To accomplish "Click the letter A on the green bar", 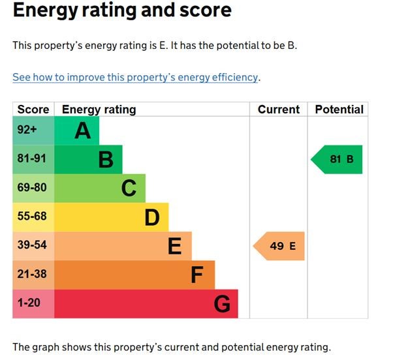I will click(82, 131).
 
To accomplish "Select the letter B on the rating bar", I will click(106, 159).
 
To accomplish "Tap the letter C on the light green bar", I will click(129, 188).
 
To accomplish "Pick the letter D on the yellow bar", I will click(152, 217).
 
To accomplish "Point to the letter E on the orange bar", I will click(174, 246).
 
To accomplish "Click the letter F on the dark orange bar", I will click(197, 275).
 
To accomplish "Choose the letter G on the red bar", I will click(222, 304).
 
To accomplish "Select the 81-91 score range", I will click(32, 159).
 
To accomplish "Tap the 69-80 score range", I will click(32, 188).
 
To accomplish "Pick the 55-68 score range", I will click(32, 217).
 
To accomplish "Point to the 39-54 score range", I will click(32, 245).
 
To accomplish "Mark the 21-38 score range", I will click(32, 275).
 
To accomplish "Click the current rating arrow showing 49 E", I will click(279, 246).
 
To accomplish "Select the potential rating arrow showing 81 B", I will click(338, 159).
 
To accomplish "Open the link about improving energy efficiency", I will click(135, 77).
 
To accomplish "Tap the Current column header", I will click(279, 110).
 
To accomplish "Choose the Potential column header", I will click(338, 110).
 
